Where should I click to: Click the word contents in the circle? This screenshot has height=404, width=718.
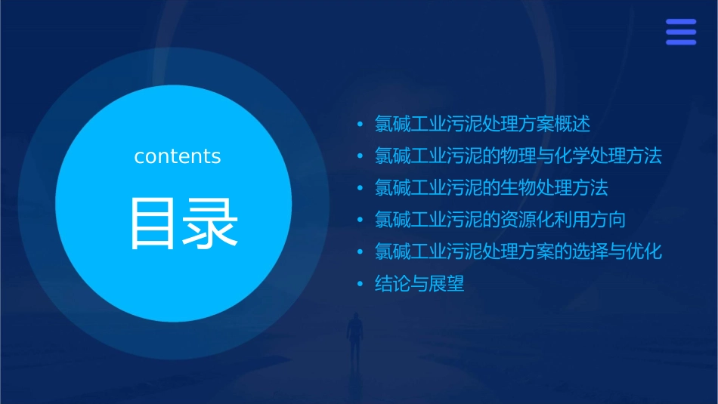178,156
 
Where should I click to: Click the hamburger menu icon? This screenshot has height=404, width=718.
680,32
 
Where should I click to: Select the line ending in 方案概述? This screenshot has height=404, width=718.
482,124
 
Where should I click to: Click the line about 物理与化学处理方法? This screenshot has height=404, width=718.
518,156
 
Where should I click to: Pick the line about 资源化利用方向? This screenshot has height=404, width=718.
500,220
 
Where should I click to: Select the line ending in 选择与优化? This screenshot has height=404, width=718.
518,251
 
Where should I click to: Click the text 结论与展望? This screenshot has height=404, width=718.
419,284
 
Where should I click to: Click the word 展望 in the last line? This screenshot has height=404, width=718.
447,284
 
